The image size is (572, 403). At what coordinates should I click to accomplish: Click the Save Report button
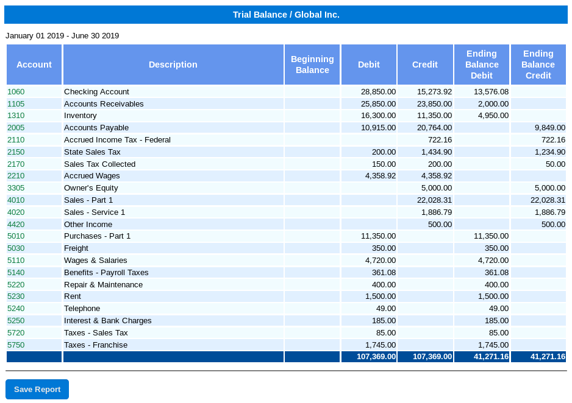tap(37, 389)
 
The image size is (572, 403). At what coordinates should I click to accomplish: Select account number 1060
tap(16, 92)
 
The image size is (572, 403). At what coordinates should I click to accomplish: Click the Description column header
tap(173, 65)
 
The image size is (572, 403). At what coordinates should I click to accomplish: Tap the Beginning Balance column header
tap(312, 65)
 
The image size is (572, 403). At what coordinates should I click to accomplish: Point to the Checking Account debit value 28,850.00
tap(378, 92)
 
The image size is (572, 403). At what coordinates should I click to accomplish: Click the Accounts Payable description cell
tap(96, 128)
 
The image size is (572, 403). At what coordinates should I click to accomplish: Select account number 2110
tap(16, 140)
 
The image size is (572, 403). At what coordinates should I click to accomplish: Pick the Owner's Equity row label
tap(91, 188)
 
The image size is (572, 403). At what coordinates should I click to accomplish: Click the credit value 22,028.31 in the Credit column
tap(434, 200)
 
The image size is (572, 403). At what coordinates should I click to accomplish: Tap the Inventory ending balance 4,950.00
tap(493, 116)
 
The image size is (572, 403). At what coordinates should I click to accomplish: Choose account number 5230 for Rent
tap(16, 296)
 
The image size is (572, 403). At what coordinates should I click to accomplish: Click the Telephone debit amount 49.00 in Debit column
tap(386, 309)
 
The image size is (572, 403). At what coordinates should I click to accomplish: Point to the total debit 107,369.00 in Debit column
tap(376, 356)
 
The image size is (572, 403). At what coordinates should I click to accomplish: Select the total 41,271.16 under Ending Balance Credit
tap(548, 356)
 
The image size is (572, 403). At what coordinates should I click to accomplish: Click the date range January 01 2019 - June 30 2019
tap(62, 36)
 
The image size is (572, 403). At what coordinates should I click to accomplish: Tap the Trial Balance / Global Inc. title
tap(286, 15)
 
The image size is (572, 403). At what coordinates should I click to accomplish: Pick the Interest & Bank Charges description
tap(107, 321)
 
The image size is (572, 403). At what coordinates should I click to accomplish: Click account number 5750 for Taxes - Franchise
tap(16, 345)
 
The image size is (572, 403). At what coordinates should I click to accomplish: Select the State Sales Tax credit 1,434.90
tap(436, 152)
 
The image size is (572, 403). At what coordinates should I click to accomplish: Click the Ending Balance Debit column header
tap(482, 65)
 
